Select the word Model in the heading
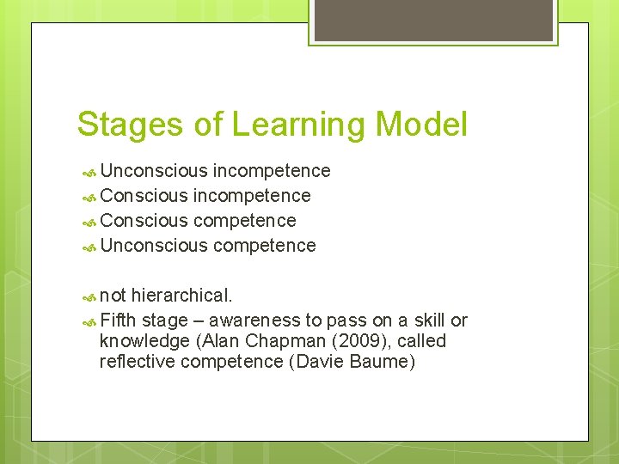pos(421,125)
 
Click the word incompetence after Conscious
pos(252,196)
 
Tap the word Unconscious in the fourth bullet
pos(154,246)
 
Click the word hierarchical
pos(181,296)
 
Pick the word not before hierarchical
pos(113,296)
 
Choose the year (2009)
pos(349,341)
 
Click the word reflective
pos(137,362)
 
